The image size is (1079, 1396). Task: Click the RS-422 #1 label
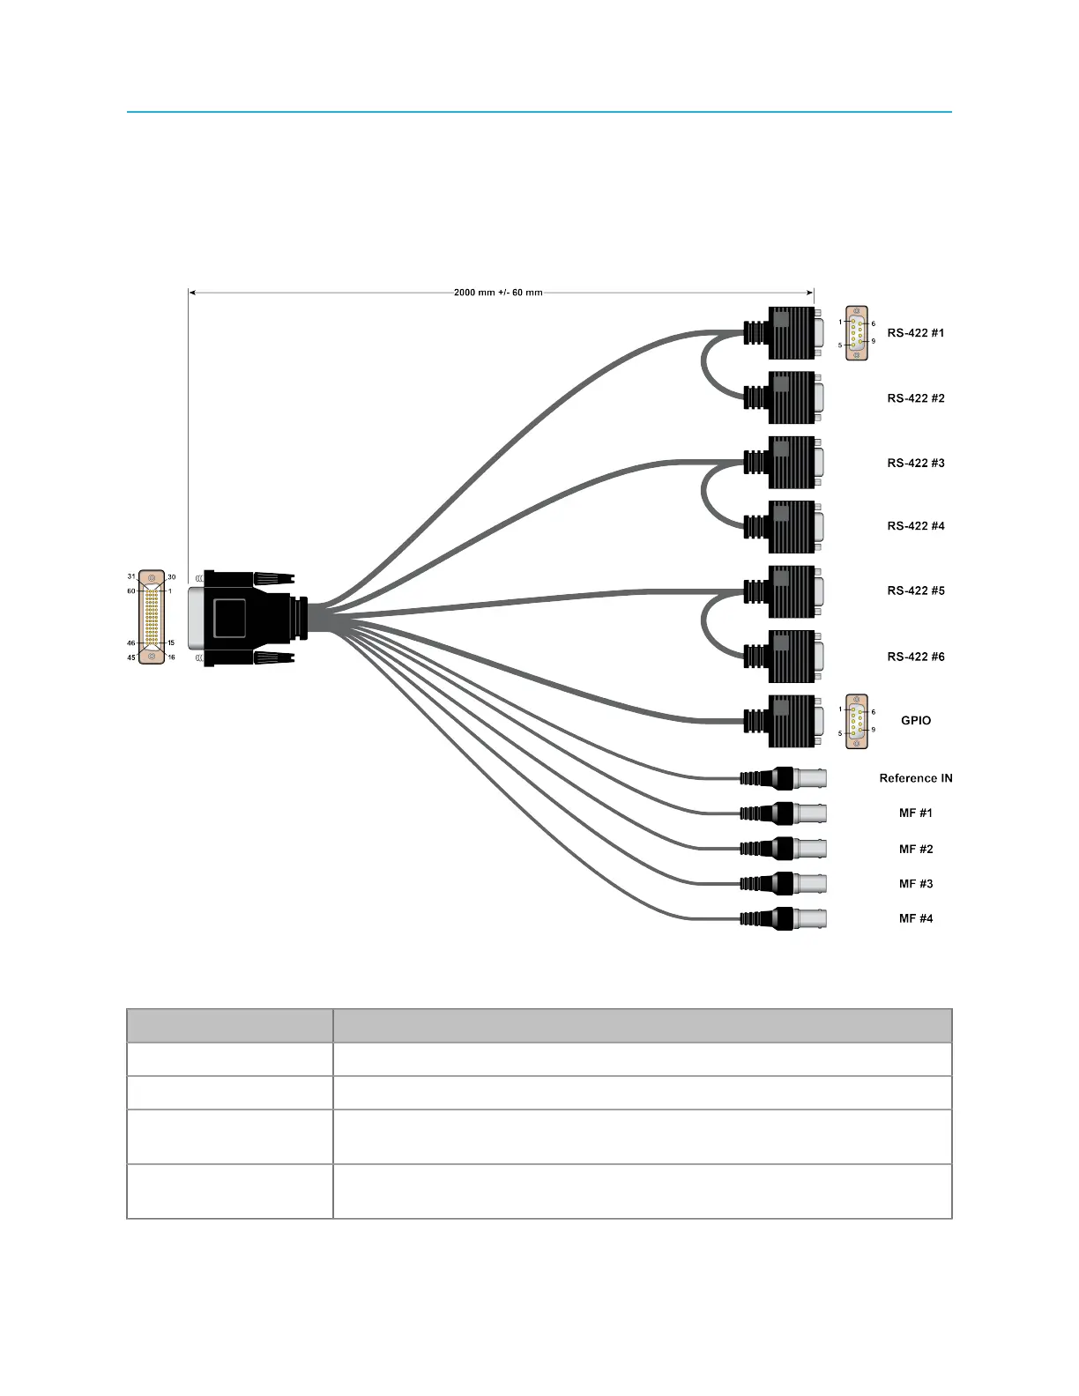pyautogui.click(x=915, y=333)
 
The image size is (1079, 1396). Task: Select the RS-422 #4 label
pyautogui.click(x=915, y=526)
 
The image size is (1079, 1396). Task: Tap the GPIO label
pyautogui.click(x=915, y=721)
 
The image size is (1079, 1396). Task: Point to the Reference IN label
pyautogui.click(x=915, y=778)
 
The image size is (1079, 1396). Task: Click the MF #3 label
pyautogui.click(x=915, y=884)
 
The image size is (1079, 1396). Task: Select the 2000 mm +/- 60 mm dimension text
pyautogui.click(x=498, y=293)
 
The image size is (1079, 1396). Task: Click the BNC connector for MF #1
pyautogui.click(x=785, y=813)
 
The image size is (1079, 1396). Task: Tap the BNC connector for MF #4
pyautogui.click(x=785, y=918)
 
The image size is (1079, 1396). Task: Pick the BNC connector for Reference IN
pyautogui.click(x=785, y=778)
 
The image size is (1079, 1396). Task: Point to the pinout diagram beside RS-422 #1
pyautogui.click(x=856, y=333)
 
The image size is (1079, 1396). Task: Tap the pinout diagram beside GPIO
pyautogui.click(x=856, y=722)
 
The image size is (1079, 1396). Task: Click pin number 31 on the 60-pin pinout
pyautogui.click(x=131, y=577)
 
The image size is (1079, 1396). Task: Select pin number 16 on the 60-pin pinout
pyautogui.click(x=171, y=657)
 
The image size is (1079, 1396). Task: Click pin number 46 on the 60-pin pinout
pyautogui.click(x=131, y=643)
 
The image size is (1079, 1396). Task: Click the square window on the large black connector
pyautogui.click(x=230, y=617)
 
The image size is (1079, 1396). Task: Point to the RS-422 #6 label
pyautogui.click(x=915, y=657)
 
